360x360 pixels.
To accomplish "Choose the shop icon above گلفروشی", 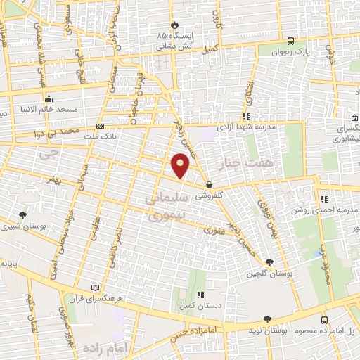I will point(209,185).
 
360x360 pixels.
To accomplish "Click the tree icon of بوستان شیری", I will point(23,215).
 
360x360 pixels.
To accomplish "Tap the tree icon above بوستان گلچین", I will point(269,262).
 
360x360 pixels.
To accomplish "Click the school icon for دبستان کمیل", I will point(200,295).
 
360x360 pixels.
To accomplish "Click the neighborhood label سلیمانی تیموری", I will point(167,207).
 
